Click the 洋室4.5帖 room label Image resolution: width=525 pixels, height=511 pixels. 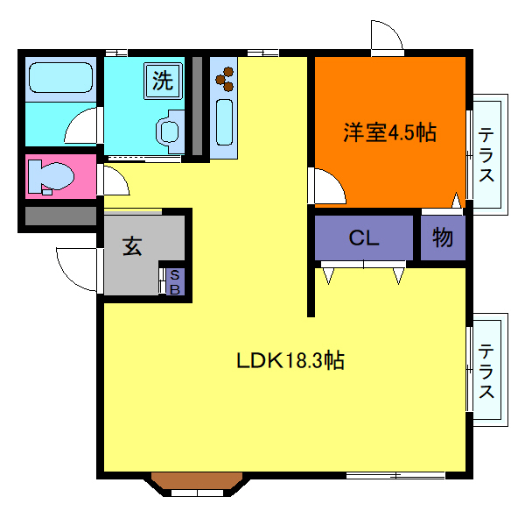point(389,133)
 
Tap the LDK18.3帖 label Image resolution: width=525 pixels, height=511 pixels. point(290,360)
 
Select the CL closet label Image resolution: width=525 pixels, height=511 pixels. point(363,238)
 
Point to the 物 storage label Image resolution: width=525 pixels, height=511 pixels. point(443,238)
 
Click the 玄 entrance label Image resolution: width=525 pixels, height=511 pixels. point(132,247)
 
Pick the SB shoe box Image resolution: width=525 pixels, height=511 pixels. point(174,281)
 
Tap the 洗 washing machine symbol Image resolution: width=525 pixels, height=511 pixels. point(164,81)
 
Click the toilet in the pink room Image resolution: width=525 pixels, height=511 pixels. point(48,176)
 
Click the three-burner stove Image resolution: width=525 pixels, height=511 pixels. point(225,77)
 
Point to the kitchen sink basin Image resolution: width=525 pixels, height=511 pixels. point(224,123)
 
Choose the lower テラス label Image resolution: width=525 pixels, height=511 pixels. point(486,369)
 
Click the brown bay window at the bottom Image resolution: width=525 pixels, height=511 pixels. point(199,481)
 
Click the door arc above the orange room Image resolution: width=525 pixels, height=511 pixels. point(386,37)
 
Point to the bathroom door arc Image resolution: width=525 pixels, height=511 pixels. point(82,127)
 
